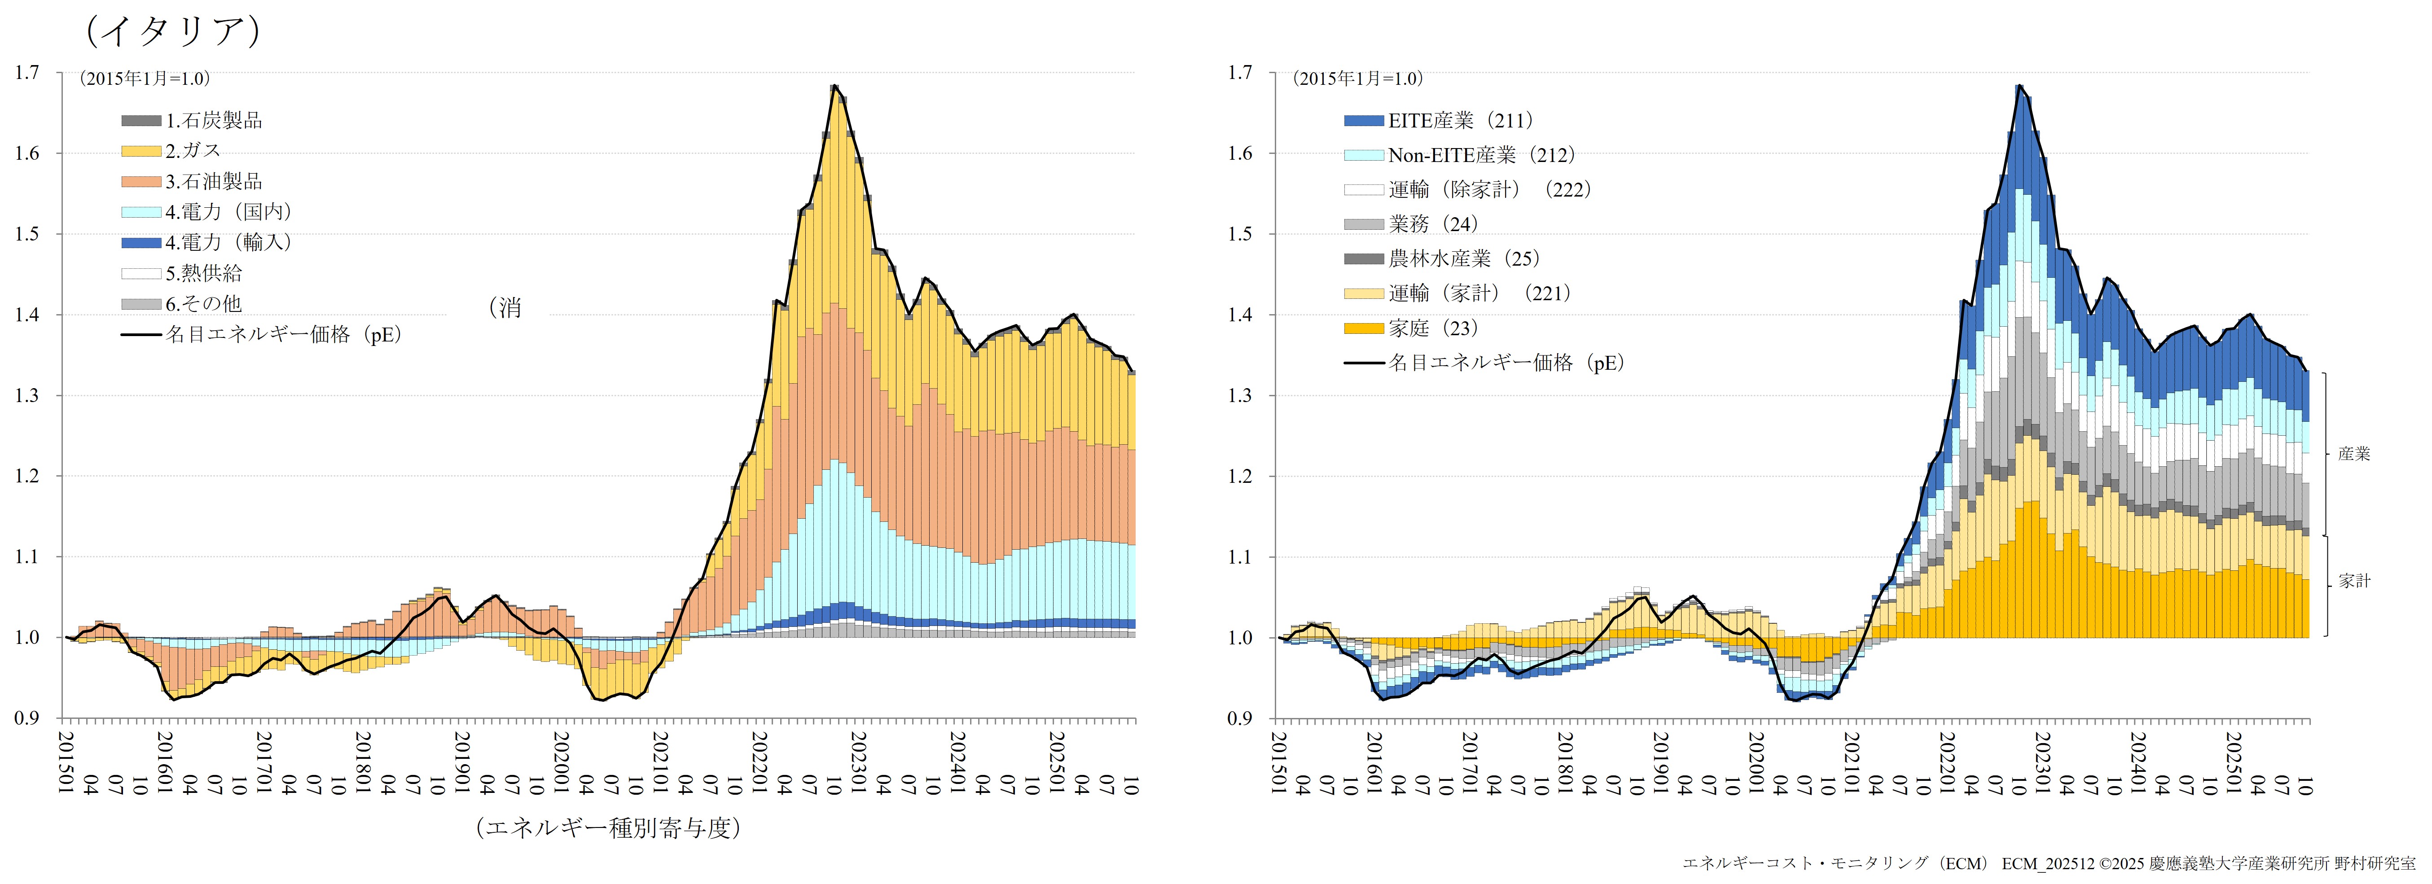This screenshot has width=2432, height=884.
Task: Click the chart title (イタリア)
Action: click(173, 31)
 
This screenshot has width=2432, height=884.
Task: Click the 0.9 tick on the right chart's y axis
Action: click(1240, 718)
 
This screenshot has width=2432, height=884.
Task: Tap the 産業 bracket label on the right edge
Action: click(2353, 454)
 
